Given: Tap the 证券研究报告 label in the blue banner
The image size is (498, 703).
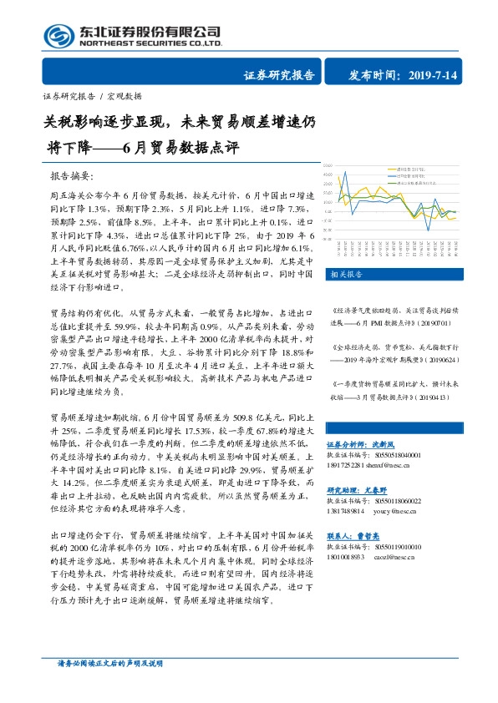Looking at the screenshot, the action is point(278,75).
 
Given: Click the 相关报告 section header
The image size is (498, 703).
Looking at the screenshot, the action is point(347,274).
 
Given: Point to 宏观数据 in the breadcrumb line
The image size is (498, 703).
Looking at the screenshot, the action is point(126,96).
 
